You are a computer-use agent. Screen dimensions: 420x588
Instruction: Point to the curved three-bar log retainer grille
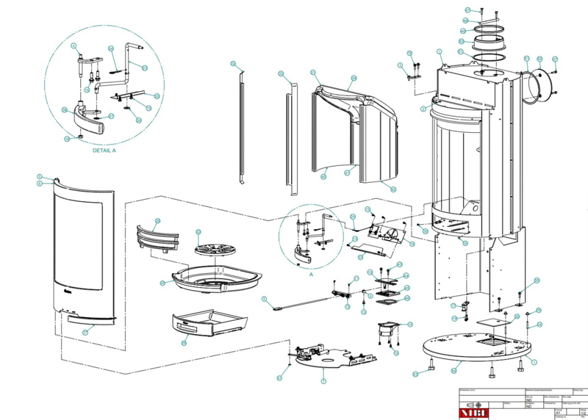coord(157,236)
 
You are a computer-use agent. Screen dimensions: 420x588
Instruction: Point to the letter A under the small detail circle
coord(310,273)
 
